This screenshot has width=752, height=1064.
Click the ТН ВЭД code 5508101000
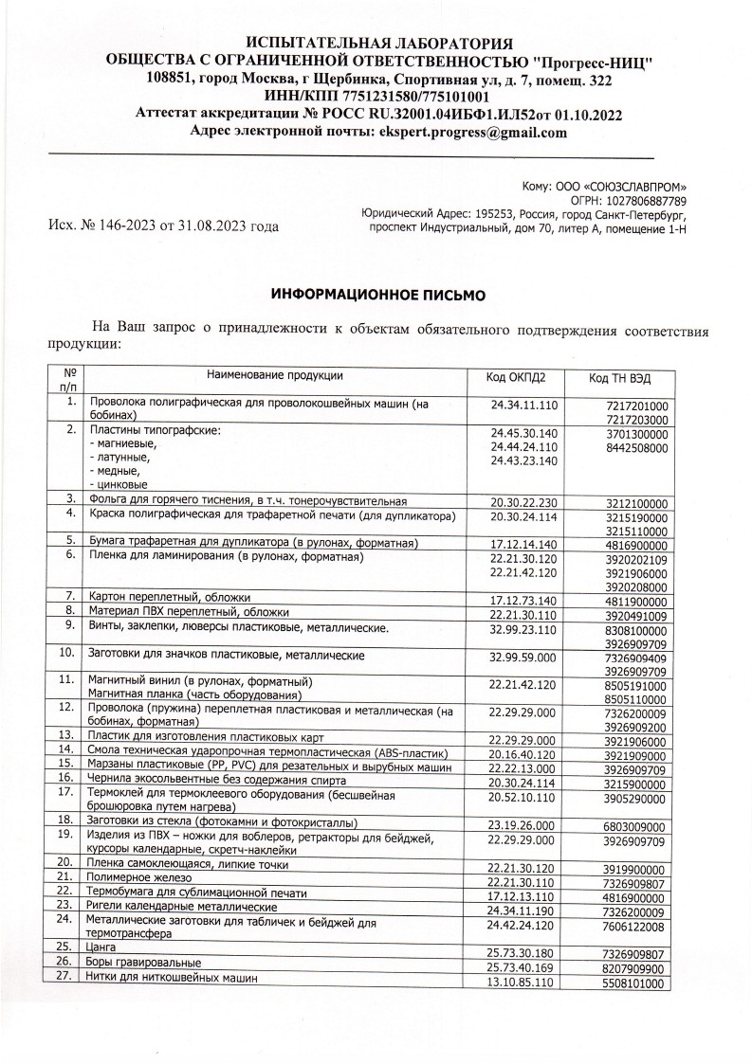point(635,984)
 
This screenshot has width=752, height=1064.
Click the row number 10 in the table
point(66,626)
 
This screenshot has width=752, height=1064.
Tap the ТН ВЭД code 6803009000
point(635,826)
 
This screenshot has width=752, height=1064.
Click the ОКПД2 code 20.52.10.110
point(523,799)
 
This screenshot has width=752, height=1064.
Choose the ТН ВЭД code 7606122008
point(635,926)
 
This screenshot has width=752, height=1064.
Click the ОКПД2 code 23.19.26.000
point(522,824)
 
